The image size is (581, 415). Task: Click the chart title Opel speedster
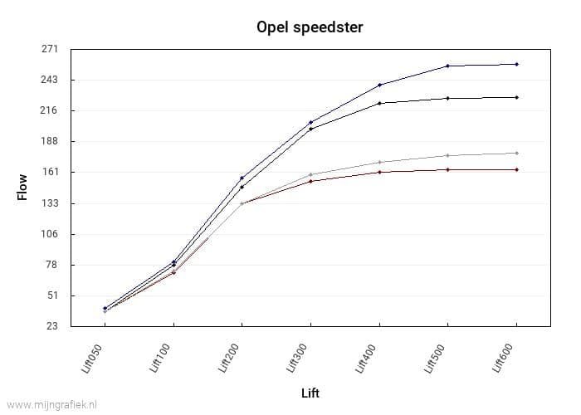(310, 27)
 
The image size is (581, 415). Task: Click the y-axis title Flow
(22, 187)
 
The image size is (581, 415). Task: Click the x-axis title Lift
(310, 393)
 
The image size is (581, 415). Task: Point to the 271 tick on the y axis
(51, 49)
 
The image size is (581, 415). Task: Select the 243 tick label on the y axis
(51, 80)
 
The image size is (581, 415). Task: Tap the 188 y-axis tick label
(51, 141)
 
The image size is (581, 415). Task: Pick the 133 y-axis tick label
(51, 203)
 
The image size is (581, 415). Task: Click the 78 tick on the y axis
(52, 265)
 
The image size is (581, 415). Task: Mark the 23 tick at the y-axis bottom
(52, 326)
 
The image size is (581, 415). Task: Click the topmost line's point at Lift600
(516, 64)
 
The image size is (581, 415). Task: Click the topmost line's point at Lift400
(379, 85)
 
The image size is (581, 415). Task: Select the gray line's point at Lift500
(447, 155)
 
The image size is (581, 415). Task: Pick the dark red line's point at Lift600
(516, 169)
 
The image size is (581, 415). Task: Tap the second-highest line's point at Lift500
(447, 98)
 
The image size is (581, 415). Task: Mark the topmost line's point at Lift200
(242, 178)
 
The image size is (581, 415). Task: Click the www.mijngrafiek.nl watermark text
(50, 404)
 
